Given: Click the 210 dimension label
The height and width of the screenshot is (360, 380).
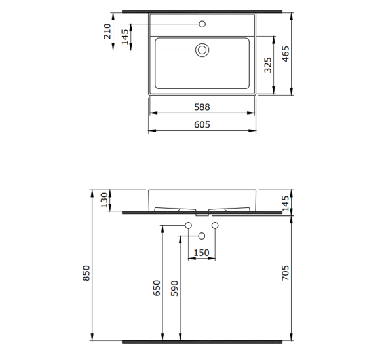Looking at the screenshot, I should pyautogui.click(x=107, y=31).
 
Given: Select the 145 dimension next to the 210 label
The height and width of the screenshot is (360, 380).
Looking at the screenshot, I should pyautogui.click(x=124, y=37).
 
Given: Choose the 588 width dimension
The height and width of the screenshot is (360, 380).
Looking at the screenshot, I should pyautogui.click(x=202, y=105).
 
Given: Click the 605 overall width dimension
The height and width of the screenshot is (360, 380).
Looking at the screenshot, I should pyautogui.click(x=202, y=124).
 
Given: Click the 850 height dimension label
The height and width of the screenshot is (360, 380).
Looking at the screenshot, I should pyautogui.click(x=86, y=272).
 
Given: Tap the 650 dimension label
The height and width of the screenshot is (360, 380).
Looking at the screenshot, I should pyautogui.click(x=156, y=288).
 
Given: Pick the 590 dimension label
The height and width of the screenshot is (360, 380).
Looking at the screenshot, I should pyautogui.click(x=174, y=288).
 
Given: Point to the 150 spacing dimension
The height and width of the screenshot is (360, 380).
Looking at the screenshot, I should pyautogui.click(x=201, y=253).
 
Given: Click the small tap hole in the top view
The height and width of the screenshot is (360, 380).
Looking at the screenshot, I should pyautogui.click(x=202, y=25).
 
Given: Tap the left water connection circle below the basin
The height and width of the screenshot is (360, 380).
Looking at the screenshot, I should pyautogui.click(x=189, y=226).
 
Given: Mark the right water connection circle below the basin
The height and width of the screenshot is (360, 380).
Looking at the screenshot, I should pyautogui.click(x=214, y=226).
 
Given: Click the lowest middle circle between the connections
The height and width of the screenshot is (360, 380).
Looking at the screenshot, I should pyautogui.click(x=202, y=236).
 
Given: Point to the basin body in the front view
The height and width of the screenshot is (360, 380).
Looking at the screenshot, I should pyautogui.click(x=202, y=198).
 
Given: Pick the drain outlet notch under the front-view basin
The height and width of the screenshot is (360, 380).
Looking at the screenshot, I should pyautogui.click(x=202, y=213).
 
